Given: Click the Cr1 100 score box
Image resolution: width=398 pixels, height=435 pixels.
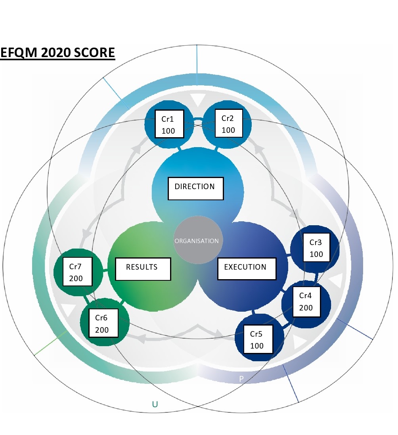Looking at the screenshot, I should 169,124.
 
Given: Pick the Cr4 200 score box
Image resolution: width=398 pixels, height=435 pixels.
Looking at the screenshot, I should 306,301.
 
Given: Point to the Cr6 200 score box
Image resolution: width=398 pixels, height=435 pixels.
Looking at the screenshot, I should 103,323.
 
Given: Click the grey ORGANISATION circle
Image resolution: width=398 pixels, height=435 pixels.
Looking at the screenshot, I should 197,241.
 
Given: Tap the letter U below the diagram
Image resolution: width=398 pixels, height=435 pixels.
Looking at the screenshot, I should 155,404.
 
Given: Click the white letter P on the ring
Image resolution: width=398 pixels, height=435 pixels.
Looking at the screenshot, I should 241,379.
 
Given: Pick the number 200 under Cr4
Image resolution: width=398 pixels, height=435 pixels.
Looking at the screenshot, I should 306,308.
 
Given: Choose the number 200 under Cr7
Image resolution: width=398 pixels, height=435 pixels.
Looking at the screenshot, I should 76,278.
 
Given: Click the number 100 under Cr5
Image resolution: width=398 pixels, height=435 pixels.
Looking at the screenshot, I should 257,346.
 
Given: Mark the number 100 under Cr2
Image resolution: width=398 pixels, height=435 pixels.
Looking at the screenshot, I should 228,130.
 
